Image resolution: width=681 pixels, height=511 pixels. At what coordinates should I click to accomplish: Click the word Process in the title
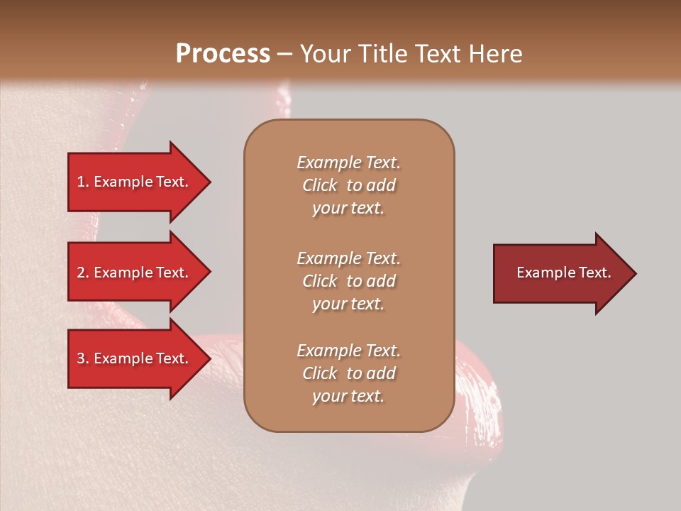pos(223,54)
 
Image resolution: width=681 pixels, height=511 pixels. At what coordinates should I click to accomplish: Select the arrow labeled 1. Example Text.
pos(135,182)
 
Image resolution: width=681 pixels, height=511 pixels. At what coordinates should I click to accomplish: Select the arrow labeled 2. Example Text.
pos(135,273)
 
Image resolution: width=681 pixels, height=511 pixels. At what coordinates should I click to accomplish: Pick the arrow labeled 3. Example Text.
pos(135,358)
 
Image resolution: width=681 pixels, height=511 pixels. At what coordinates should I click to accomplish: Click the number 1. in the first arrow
pos(83,182)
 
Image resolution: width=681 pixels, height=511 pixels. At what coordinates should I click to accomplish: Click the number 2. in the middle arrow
pos(83,273)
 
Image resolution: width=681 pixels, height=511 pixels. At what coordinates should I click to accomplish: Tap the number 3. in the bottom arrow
pos(83,358)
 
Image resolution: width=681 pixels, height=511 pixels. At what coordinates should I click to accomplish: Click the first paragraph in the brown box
pos(349,185)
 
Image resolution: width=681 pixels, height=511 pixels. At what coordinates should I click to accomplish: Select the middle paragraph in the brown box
pos(349,281)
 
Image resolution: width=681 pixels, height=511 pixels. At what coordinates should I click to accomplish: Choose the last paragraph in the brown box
pos(349,373)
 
